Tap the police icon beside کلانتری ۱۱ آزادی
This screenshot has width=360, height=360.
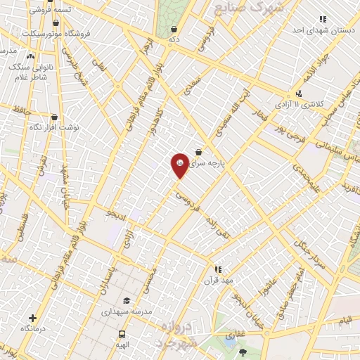coord(300,94)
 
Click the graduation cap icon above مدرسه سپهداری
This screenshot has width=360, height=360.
coord(126,301)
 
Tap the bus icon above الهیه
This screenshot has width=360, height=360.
coord(122,335)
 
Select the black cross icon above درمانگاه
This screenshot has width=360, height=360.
coord(32,319)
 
